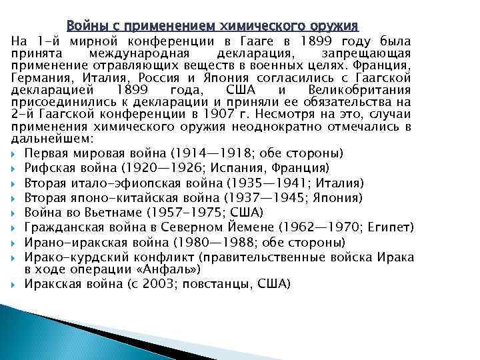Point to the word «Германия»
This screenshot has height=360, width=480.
(x=39, y=76)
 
